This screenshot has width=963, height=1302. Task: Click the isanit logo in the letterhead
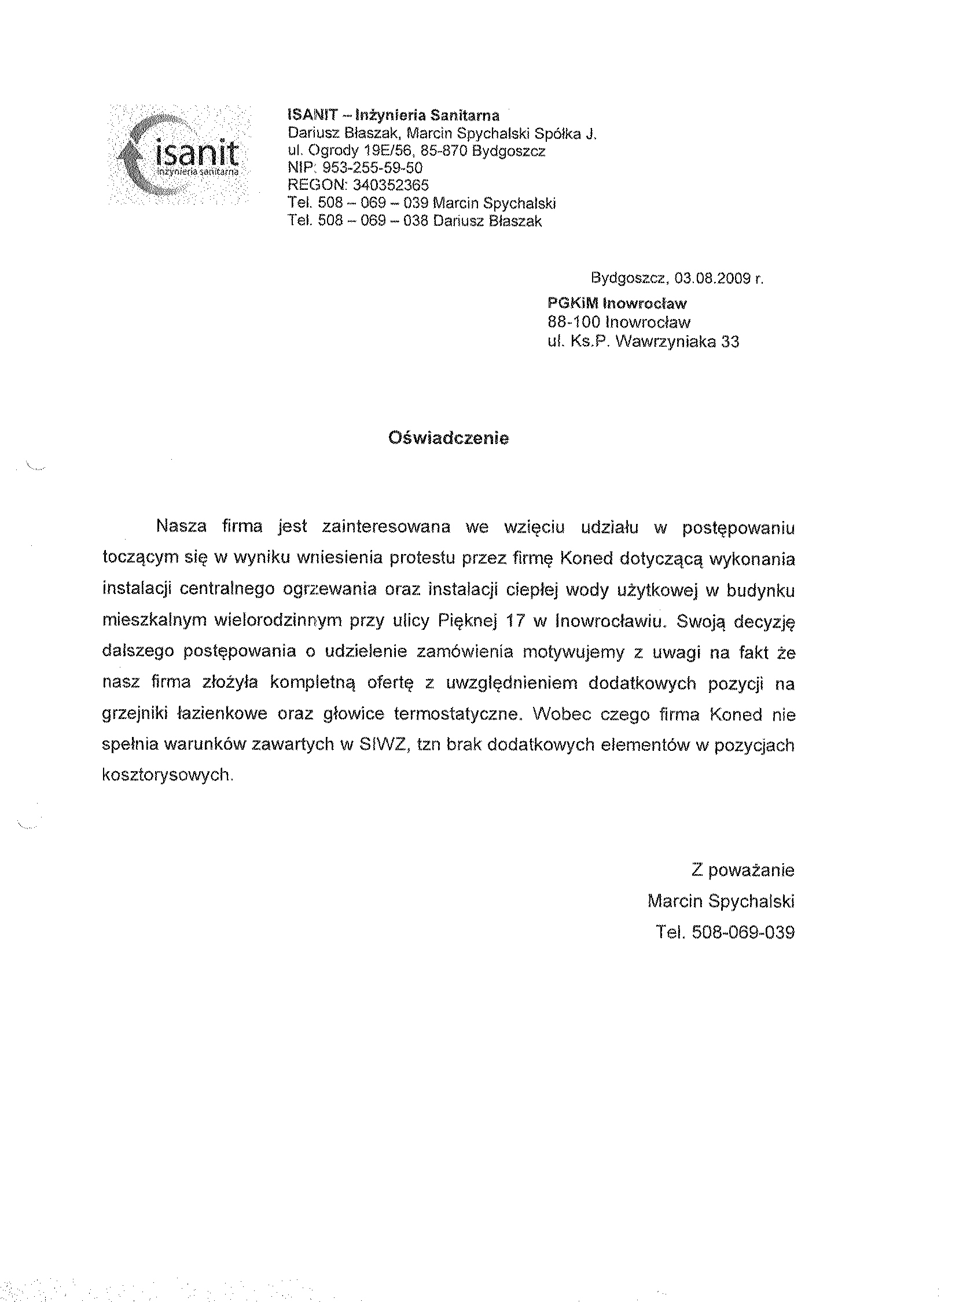tap(179, 155)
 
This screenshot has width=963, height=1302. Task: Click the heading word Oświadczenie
tap(449, 438)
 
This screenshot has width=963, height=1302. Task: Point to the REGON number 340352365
tap(391, 185)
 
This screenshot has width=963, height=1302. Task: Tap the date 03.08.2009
tap(711, 278)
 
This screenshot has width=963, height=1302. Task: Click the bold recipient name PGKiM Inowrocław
tap(617, 303)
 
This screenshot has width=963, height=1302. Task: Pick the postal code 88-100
tap(574, 322)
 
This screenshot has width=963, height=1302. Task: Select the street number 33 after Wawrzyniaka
tap(730, 342)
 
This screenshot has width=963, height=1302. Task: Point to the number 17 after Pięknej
tap(515, 621)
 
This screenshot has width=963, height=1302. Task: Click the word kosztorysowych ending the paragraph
tap(167, 775)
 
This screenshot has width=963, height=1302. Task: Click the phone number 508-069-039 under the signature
tap(743, 932)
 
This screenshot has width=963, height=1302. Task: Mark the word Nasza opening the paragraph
tap(181, 526)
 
